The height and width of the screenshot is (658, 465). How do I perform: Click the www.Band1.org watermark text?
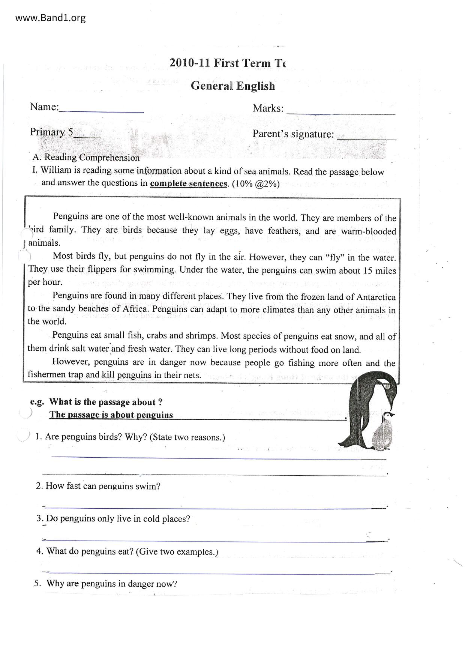(x=50, y=18)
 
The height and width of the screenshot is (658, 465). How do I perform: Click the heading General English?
(x=232, y=86)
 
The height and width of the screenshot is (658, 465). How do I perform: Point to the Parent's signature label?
(x=293, y=134)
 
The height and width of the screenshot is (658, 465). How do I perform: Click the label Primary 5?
(x=52, y=132)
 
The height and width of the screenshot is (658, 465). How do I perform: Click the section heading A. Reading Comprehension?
(x=86, y=158)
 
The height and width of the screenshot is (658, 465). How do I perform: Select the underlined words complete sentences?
(x=189, y=183)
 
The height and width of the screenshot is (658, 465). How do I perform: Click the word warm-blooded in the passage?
(x=368, y=231)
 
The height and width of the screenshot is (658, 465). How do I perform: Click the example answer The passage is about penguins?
(x=111, y=415)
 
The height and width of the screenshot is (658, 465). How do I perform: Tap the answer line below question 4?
(x=214, y=573)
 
